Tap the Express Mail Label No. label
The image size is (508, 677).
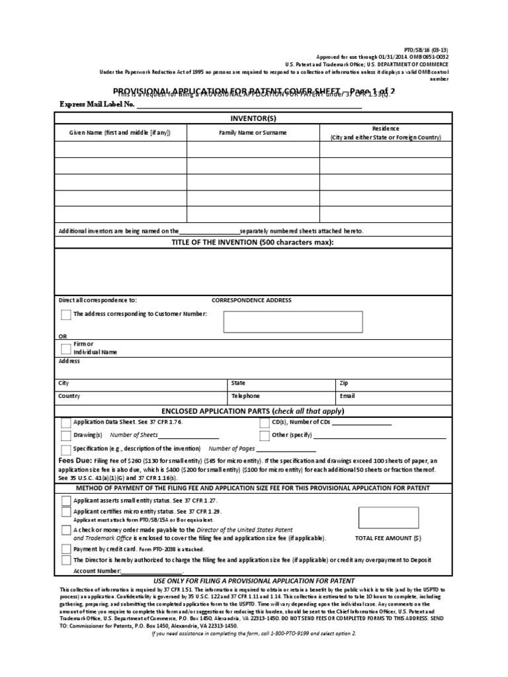[x=97, y=104]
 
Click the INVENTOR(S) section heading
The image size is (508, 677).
[x=253, y=118]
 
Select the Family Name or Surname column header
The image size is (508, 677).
[x=253, y=133]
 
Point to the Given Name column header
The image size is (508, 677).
[x=120, y=133]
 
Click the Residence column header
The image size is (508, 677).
[x=386, y=133]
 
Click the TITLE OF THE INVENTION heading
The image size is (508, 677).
[x=253, y=243]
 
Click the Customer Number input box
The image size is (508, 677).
[x=293, y=321]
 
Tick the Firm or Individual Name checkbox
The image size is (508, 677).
[x=65, y=348]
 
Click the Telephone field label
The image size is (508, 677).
[x=245, y=396]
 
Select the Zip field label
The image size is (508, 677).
[x=343, y=383]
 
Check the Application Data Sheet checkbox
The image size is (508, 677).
[x=65, y=422]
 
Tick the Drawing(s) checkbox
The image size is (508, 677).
[x=65, y=435]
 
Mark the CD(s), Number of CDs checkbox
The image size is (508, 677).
[x=264, y=422]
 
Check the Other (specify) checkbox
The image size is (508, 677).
[x=264, y=435]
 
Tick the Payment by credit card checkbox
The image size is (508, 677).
[x=65, y=549]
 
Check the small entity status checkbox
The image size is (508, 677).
[x=65, y=501]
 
